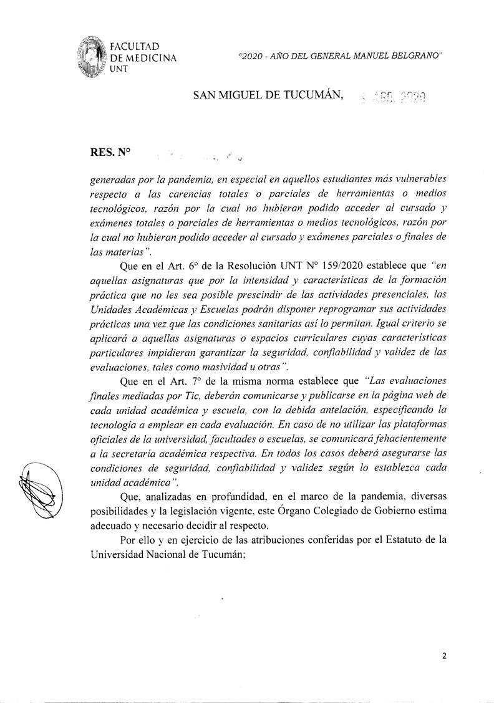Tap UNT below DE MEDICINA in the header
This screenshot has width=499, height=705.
click(117, 69)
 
